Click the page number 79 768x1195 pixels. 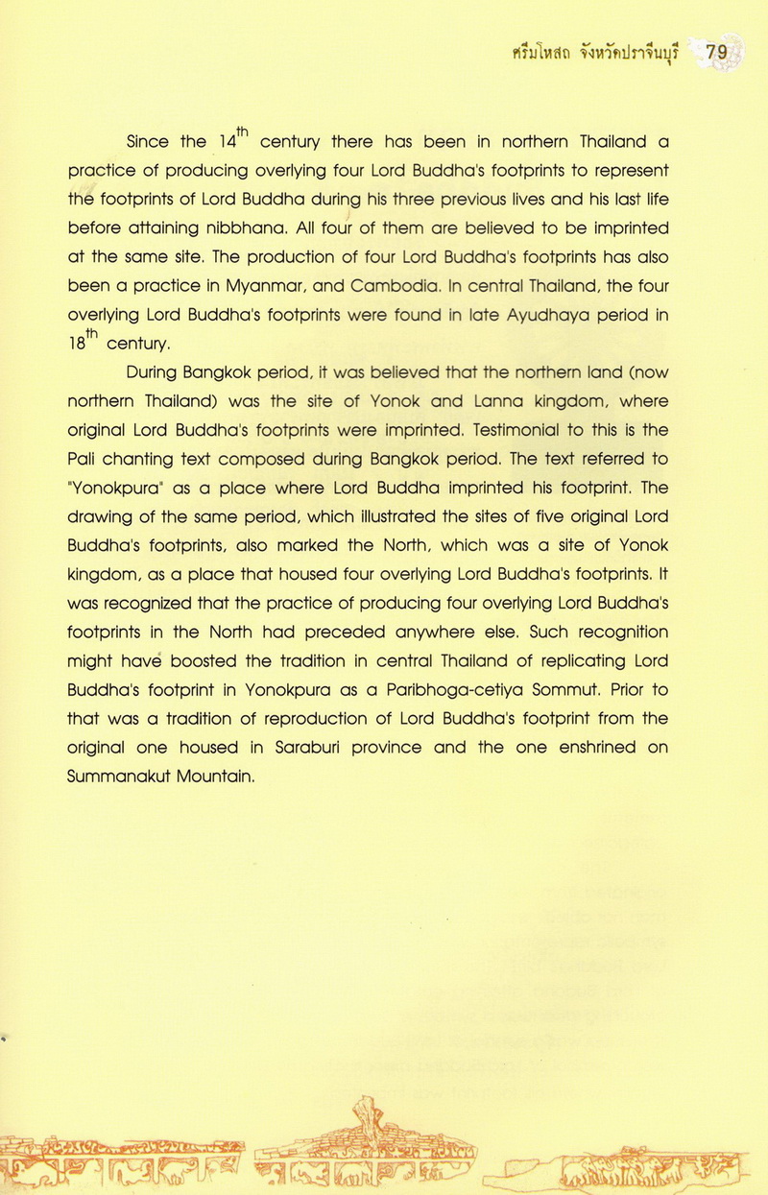716,53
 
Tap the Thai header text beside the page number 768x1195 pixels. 595,54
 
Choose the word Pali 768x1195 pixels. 83,459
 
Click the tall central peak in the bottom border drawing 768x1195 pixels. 367,1113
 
